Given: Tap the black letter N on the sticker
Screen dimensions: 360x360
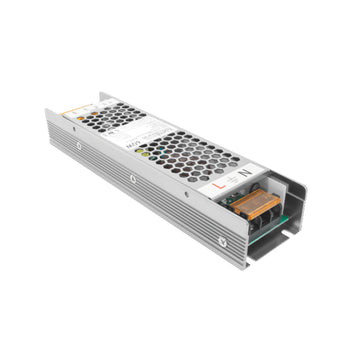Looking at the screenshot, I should pyautogui.click(x=247, y=170).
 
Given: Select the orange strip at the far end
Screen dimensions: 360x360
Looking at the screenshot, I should pyautogui.click(x=71, y=116).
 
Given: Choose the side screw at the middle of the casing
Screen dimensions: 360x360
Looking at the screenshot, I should pyautogui.click(x=132, y=180).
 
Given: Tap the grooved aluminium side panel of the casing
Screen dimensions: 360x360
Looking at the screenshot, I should pyautogui.click(x=150, y=200).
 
